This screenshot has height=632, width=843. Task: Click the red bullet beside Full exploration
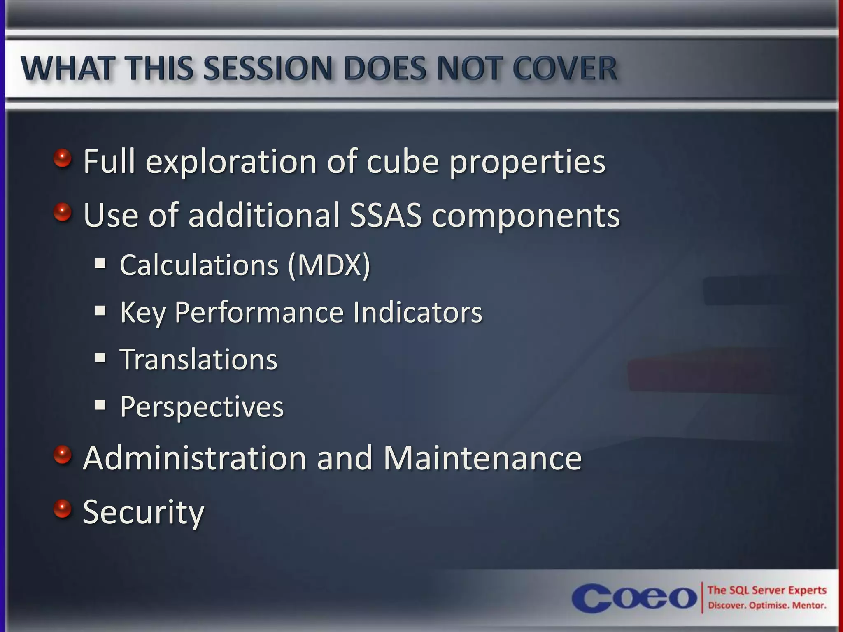63,158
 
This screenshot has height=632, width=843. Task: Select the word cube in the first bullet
403,161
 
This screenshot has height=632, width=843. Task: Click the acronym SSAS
386,215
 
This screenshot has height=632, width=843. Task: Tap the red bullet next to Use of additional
63,213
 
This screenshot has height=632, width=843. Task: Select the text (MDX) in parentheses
329,265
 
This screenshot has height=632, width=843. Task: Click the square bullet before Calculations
100,263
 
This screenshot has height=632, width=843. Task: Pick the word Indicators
417,312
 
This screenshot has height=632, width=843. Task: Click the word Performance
259,312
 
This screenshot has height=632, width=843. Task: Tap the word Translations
199,360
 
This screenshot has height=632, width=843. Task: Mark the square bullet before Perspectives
100,405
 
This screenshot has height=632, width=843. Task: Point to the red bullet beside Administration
63,455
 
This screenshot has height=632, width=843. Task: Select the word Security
143,512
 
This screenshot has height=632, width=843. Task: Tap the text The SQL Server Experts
767,590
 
